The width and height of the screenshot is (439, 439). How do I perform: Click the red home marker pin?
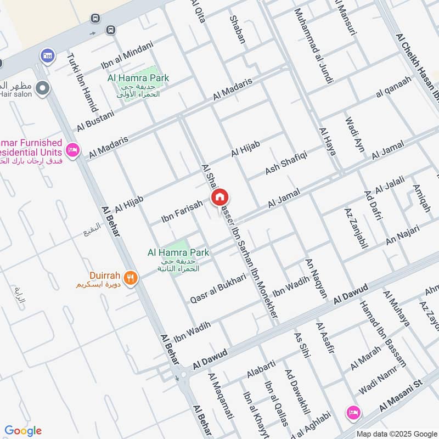coord(219,198)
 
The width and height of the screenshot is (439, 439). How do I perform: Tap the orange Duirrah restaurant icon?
coord(130,277)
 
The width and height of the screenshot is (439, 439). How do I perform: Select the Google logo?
coord(23,431)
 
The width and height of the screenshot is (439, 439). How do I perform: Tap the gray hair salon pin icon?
coord(42,88)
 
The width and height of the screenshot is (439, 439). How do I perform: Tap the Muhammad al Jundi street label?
coord(313,47)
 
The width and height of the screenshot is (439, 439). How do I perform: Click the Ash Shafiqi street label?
coord(286,160)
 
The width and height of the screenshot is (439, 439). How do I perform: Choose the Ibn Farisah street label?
coord(182,211)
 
